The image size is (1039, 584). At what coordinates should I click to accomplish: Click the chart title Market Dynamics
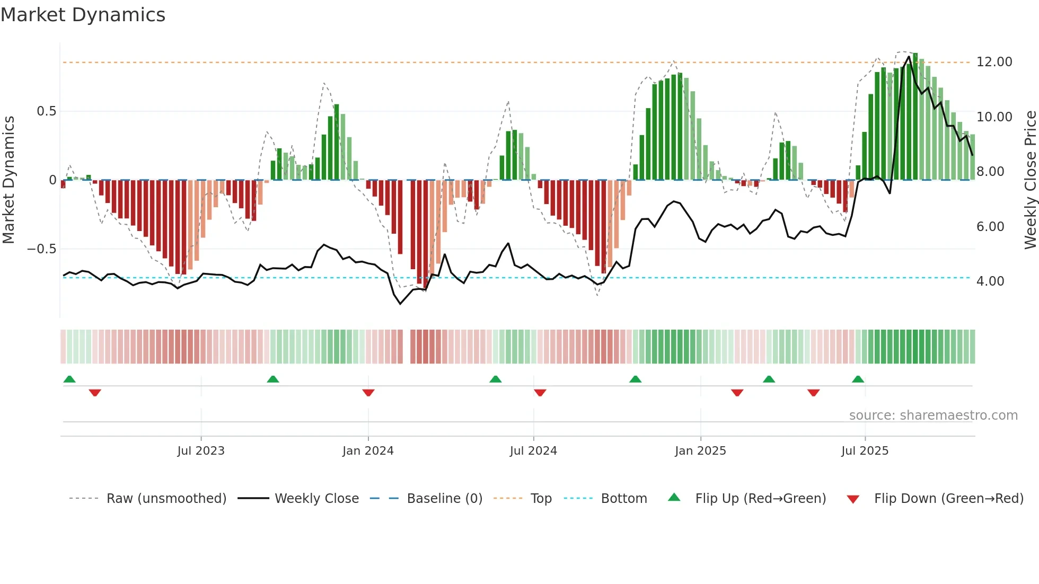pyautogui.click(x=83, y=15)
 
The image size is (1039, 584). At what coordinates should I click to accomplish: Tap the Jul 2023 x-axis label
pyautogui.click(x=201, y=451)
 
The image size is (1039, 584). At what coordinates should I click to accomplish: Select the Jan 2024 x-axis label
pyautogui.click(x=368, y=451)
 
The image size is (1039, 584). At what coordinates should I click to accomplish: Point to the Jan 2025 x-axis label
pyautogui.click(x=700, y=451)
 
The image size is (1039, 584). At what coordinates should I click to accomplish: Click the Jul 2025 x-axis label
pyautogui.click(x=865, y=451)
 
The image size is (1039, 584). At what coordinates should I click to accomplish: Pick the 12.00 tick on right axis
pyautogui.click(x=994, y=62)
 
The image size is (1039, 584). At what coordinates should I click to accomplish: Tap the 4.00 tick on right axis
pyautogui.click(x=990, y=281)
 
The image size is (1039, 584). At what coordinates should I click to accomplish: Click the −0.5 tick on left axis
pyautogui.click(x=41, y=249)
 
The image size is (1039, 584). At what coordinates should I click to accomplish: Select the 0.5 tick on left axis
pyautogui.click(x=46, y=111)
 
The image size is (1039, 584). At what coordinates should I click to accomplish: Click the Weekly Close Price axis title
pyautogui.click(x=1030, y=180)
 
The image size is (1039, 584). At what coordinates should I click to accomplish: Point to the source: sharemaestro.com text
pyautogui.click(x=933, y=415)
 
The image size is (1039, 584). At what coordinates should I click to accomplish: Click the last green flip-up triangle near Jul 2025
pyautogui.click(x=858, y=379)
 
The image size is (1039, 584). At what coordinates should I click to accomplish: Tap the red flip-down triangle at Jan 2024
pyautogui.click(x=368, y=393)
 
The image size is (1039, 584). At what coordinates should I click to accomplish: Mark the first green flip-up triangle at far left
pyautogui.click(x=69, y=379)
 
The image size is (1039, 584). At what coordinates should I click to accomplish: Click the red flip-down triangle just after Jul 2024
pyautogui.click(x=540, y=393)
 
